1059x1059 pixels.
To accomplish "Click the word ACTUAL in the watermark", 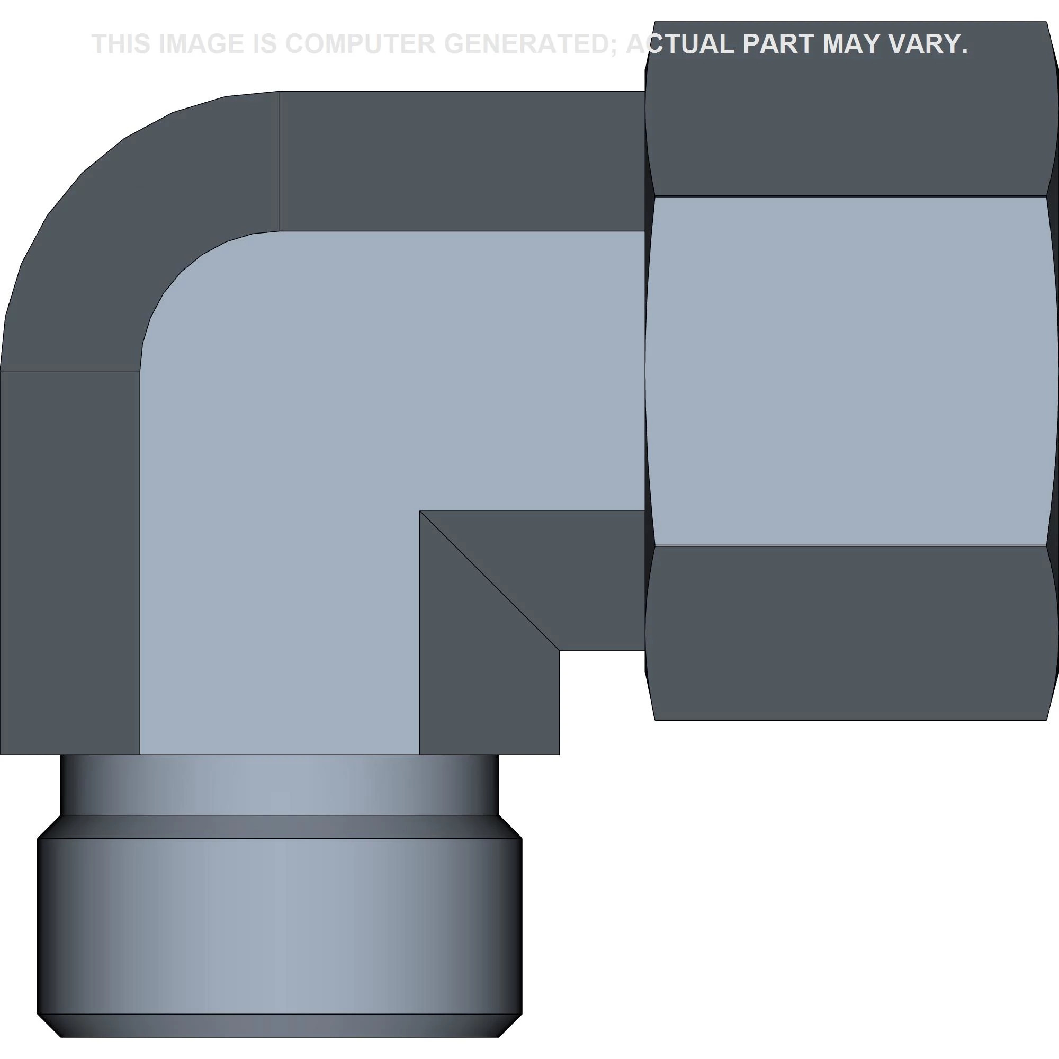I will pos(680,44).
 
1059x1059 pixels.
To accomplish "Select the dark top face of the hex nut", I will pos(850,121).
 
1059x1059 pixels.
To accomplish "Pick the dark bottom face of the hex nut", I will pos(850,630).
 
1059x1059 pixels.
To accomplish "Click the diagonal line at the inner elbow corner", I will pos(489,580).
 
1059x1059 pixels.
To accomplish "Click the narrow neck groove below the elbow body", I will pos(280,784).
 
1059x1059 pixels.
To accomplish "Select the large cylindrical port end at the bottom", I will pos(280,926).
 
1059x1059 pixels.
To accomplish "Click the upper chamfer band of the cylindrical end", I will pos(280,827).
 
